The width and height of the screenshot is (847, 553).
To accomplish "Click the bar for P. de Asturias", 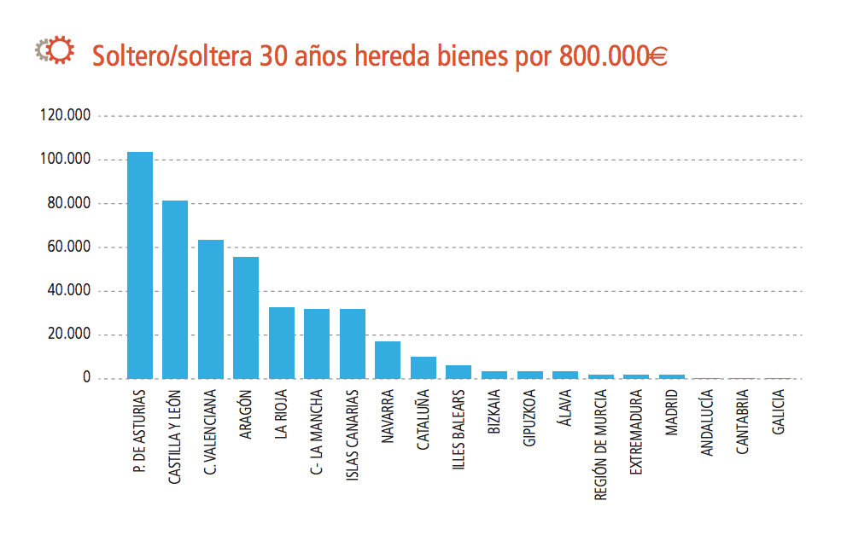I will coord(140,265).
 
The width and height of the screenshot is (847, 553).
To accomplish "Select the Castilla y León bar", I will coord(175,289).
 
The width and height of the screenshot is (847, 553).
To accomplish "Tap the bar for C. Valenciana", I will coord(211,309).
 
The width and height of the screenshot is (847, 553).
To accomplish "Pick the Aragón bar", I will coord(246,317).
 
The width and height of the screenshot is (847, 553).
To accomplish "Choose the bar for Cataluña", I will coord(423,368).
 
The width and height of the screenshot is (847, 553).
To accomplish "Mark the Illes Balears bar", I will coord(459,372).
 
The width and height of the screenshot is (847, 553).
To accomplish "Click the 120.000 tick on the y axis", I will coord(66,116).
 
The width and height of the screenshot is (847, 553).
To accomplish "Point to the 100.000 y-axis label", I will coord(66,160).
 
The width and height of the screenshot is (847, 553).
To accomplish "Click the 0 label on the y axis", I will coord(86,378).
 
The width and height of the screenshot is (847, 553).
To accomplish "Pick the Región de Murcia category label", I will coord(600,445).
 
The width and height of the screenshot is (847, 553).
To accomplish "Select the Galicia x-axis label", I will coord(778,413).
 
